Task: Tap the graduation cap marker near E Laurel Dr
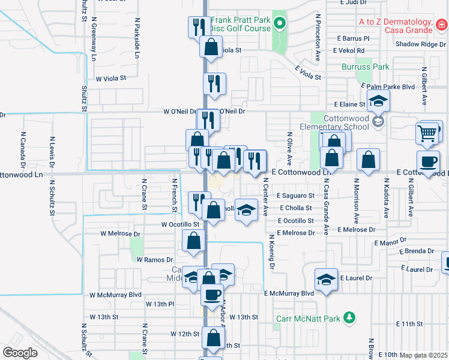pos(326,280)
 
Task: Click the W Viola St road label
pos(112,78)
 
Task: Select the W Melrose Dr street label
pos(120,234)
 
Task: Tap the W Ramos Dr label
pos(155,260)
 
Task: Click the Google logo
pos(20,353)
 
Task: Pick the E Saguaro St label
pos(295,196)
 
